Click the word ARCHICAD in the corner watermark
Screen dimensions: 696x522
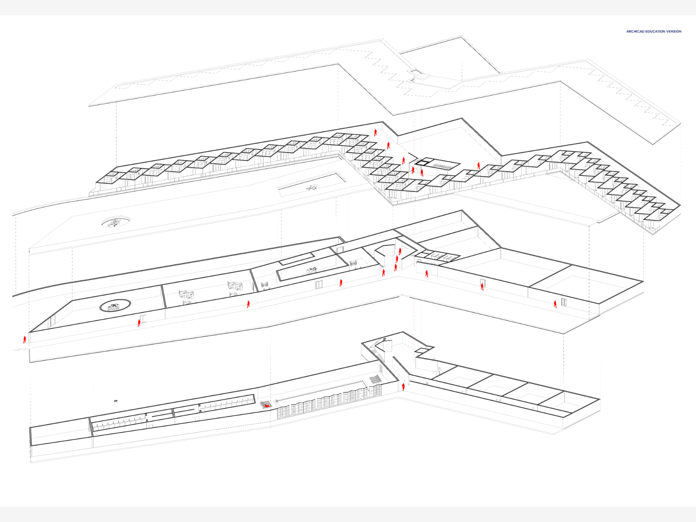[x=634, y=31]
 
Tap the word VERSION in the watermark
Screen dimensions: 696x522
[x=674, y=31]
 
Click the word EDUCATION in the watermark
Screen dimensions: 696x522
[x=654, y=31]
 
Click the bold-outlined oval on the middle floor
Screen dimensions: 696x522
[x=115, y=305]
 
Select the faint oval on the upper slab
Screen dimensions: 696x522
[x=116, y=222]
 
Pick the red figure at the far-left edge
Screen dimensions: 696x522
[x=24, y=339]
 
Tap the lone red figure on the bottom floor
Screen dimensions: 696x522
[x=403, y=387]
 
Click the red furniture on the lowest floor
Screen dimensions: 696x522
[x=266, y=405]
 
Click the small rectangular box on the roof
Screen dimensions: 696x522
[x=415, y=72]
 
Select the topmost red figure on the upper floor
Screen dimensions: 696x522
[x=376, y=132]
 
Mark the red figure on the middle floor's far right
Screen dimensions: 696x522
[x=555, y=304]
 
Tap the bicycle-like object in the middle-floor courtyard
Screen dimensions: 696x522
[x=312, y=270]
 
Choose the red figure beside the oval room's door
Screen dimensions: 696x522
[x=139, y=323]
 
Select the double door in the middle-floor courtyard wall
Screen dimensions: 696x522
[x=319, y=285]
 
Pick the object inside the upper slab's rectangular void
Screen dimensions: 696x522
[x=312, y=188]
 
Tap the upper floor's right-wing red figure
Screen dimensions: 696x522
[x=478, y=166]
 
